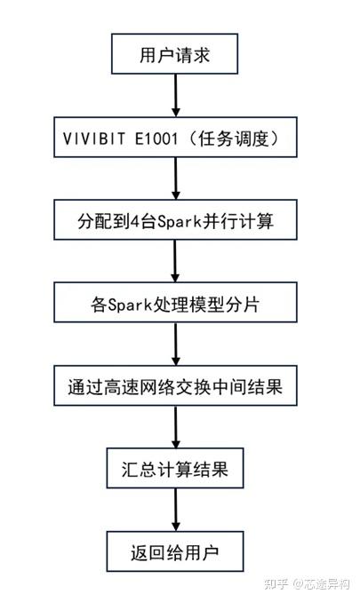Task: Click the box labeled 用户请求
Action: (x=175, y=55)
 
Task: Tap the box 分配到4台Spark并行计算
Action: (x=175, y=219)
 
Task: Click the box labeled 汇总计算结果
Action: (x=175, y=469)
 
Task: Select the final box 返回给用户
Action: (x=175, y=552)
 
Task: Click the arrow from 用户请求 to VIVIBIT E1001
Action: (x=175, y=96)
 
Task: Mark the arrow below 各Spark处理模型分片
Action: (x=175, y=345)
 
